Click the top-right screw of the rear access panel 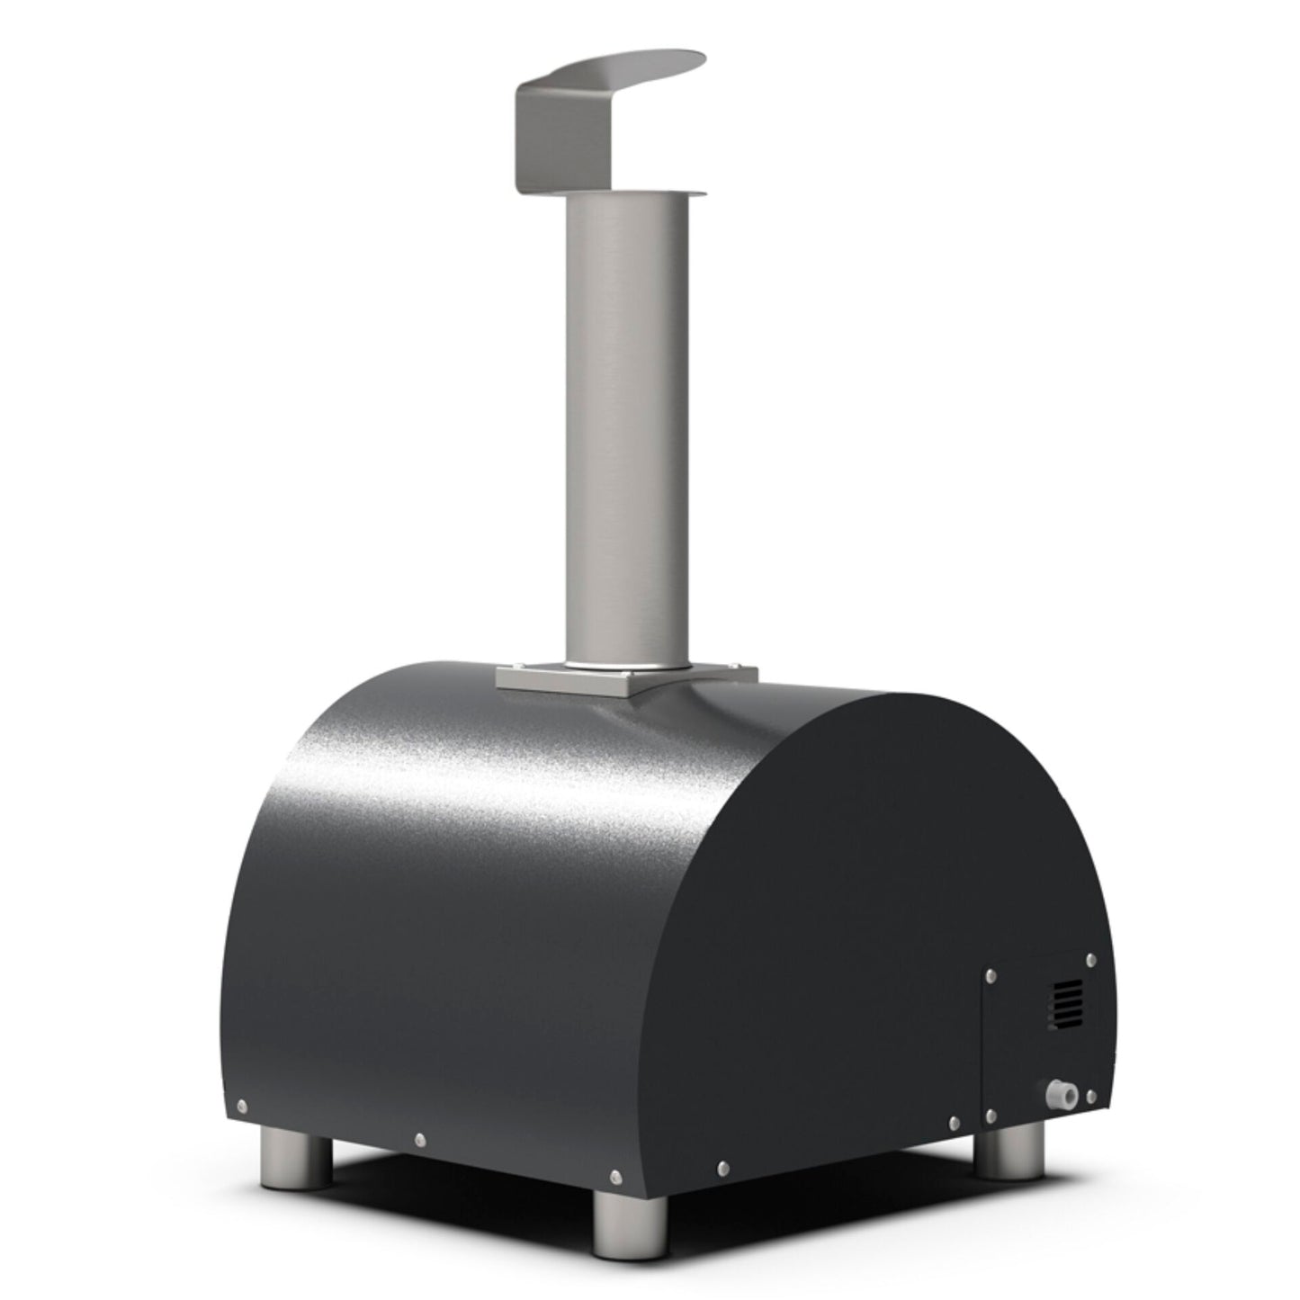coord(1091,959)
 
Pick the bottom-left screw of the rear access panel coord(991,1116)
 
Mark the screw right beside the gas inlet coord(1091,1096)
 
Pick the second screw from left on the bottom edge coord(419,1139)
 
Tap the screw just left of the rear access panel coord(954,1122)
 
